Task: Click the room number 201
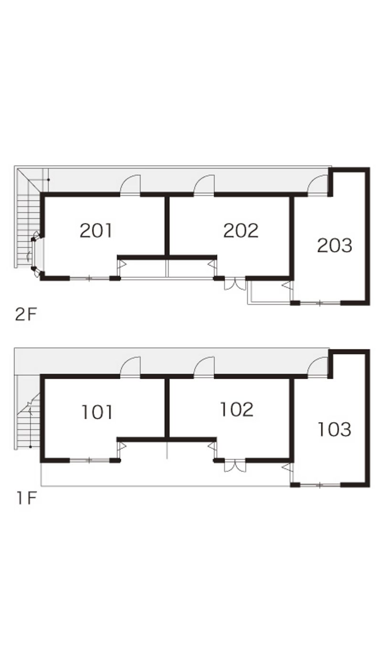(x=96, y=231)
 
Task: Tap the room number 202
(x=241, y=231)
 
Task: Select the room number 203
(x=334, y=245)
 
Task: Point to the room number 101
(x=97, y=412)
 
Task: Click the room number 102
(x=237, y=410)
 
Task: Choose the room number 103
(x=334, y=430)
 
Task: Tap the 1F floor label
(x=26, y=498)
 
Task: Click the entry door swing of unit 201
(x=130, y=185)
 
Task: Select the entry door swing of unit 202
(x=204, y=185)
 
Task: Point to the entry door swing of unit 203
(x=318, y=185)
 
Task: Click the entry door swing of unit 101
(x=130, y=367)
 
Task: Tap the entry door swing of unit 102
(x=204, y=367)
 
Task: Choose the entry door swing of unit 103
(x=318, y=367)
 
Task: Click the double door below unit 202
(x=235, y=285)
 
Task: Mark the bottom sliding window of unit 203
(x=320, y=303)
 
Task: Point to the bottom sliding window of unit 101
(x=89, y=460)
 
